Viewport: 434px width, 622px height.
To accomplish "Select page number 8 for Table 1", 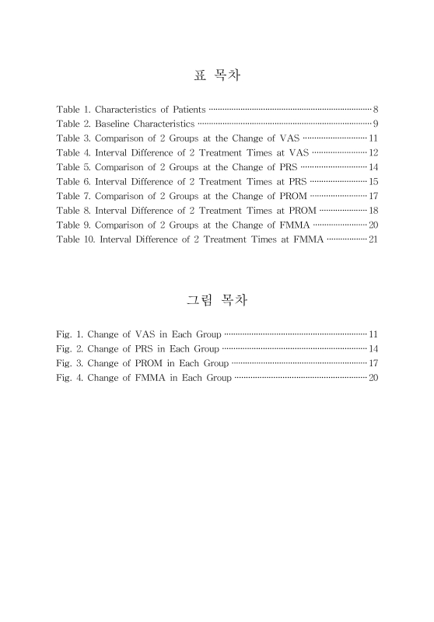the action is pyautogui.click(x=376, y=109).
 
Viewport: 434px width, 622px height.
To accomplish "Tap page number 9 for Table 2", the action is pyautogui.click(x=376, y=124).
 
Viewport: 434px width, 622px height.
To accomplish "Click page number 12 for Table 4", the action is pyautogui.click(x=373, y=152).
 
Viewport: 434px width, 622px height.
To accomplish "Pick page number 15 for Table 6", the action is pyautogui.click(x=373, y=181).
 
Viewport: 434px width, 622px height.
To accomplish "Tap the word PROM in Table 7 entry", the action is pyautogui.click(x=292, y=196).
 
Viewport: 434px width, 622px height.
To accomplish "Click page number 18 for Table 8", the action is pyautogui.click(x=373, y=210).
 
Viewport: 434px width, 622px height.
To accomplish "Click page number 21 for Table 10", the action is pyautogui.click(x=373, y=239).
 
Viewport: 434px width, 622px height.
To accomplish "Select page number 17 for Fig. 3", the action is pyautogui.click(x=373, y=363).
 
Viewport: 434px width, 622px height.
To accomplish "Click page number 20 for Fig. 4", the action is pyautogui.click(x=373, y=378).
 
